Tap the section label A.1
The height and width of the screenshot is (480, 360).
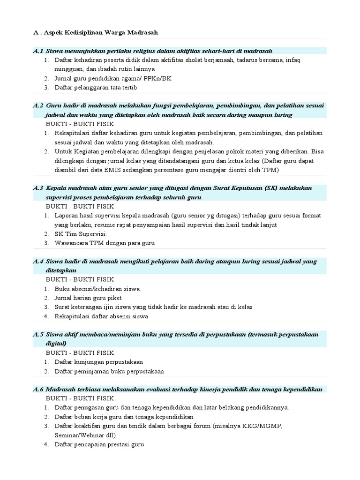(38, 51)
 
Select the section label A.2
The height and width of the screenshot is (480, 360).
(38, 105)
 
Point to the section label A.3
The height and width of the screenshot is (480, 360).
(38, 188)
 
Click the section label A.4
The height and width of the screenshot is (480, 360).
(38, 262)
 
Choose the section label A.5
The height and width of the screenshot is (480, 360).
(38, 335)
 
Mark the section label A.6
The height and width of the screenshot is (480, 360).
(38, 390)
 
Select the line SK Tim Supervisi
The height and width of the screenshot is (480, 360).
(81, 234)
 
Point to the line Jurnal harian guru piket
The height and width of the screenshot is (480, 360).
(88, 298)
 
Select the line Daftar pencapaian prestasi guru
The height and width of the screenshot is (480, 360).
(99, 444)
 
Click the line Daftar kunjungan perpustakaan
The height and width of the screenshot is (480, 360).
(99, 362)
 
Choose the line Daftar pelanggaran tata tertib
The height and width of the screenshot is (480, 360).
(96, 87)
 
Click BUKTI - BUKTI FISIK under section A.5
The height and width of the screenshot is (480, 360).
(80, 352)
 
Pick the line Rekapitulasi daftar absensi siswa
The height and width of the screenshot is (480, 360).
(101, 316)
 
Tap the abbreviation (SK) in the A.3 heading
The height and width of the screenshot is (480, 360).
(271, 188)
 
